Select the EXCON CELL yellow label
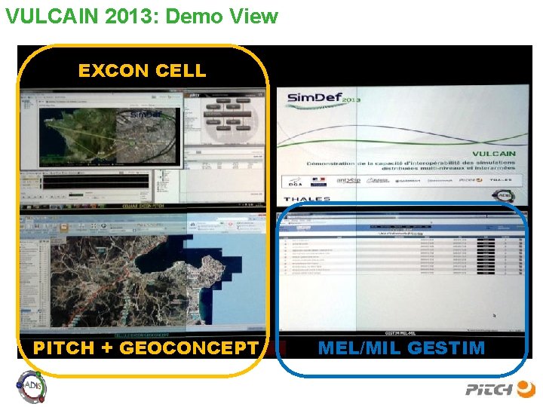click(142, 71)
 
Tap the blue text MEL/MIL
click(360, 348)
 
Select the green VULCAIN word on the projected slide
click(494, 153)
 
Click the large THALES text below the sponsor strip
click(307, 200)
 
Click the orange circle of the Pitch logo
click(526, 389)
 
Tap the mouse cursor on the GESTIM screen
click(494, 316)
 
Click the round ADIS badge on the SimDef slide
click(503, 195)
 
